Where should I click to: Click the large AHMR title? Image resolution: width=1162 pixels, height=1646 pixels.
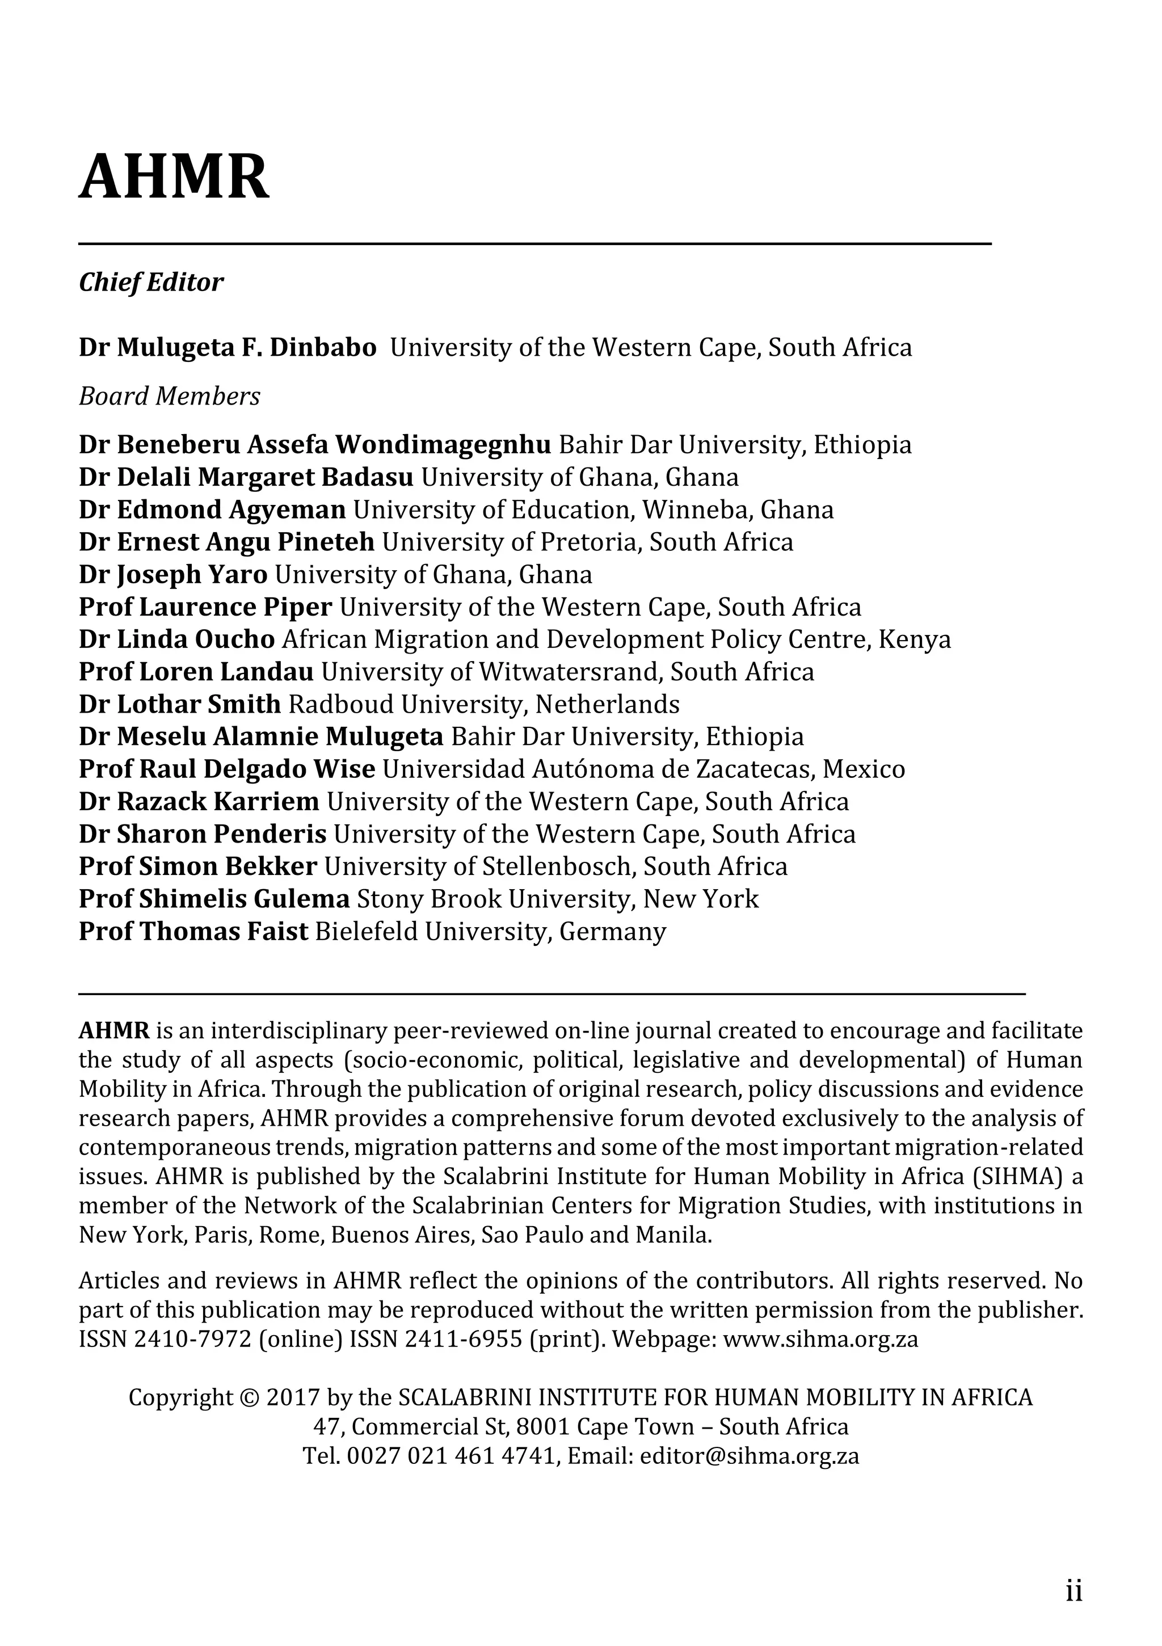click(x=174, y=177)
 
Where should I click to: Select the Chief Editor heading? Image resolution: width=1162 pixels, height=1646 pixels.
click(x=150, y=283)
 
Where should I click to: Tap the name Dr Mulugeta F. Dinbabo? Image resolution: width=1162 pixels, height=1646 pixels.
click(x=228, y=348)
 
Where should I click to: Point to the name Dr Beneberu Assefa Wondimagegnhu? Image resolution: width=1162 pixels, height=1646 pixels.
click(x=315, y=445)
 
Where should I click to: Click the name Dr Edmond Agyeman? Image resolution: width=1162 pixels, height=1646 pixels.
click(x=212, y=510)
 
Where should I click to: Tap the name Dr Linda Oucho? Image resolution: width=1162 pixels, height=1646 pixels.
click(x=176, y=639)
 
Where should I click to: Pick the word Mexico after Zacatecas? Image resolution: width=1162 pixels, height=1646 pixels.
click(x=864, y=769)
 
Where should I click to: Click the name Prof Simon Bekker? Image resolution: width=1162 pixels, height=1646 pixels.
click(x=198, y=867)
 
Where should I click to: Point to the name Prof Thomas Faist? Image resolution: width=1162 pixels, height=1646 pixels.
click(x=193, y=931)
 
